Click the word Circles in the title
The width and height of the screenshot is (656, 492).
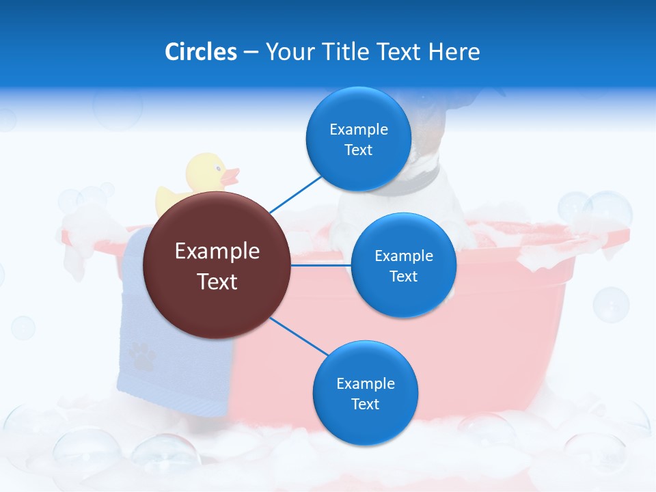pos(201,51)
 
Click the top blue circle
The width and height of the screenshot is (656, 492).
pos(358,167)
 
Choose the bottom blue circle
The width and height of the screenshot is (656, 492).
pos(365,424)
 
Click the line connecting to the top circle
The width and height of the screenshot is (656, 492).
pos(295,194)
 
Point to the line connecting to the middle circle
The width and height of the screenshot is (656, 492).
pos(321,264)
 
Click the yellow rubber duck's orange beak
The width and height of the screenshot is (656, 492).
pos(232,176)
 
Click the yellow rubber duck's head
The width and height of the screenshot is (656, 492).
pos(207,172)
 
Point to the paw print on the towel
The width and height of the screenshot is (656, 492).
pos(141,355)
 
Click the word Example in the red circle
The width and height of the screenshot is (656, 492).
pos(217,251)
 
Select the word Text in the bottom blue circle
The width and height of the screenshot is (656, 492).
pos(365,404)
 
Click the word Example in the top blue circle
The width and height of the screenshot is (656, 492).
pos(358,129)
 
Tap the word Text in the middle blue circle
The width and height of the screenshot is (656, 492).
pos(403,276)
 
